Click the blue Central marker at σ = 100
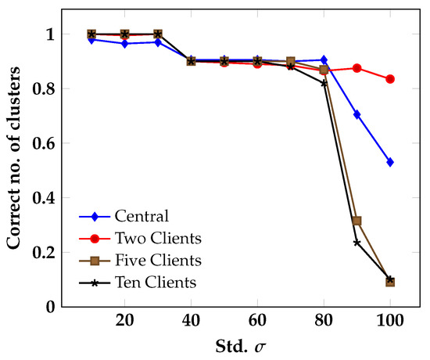pos(390,162)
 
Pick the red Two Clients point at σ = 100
pos(390,79)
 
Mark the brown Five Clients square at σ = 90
pos(357,221)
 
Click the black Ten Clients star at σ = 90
pos(357,243)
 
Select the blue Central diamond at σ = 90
pos(357,114)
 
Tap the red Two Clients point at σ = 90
pos(357,68)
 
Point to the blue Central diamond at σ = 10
pos(91,39)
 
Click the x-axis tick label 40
pos(191,321)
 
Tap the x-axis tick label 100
pos(390,321)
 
